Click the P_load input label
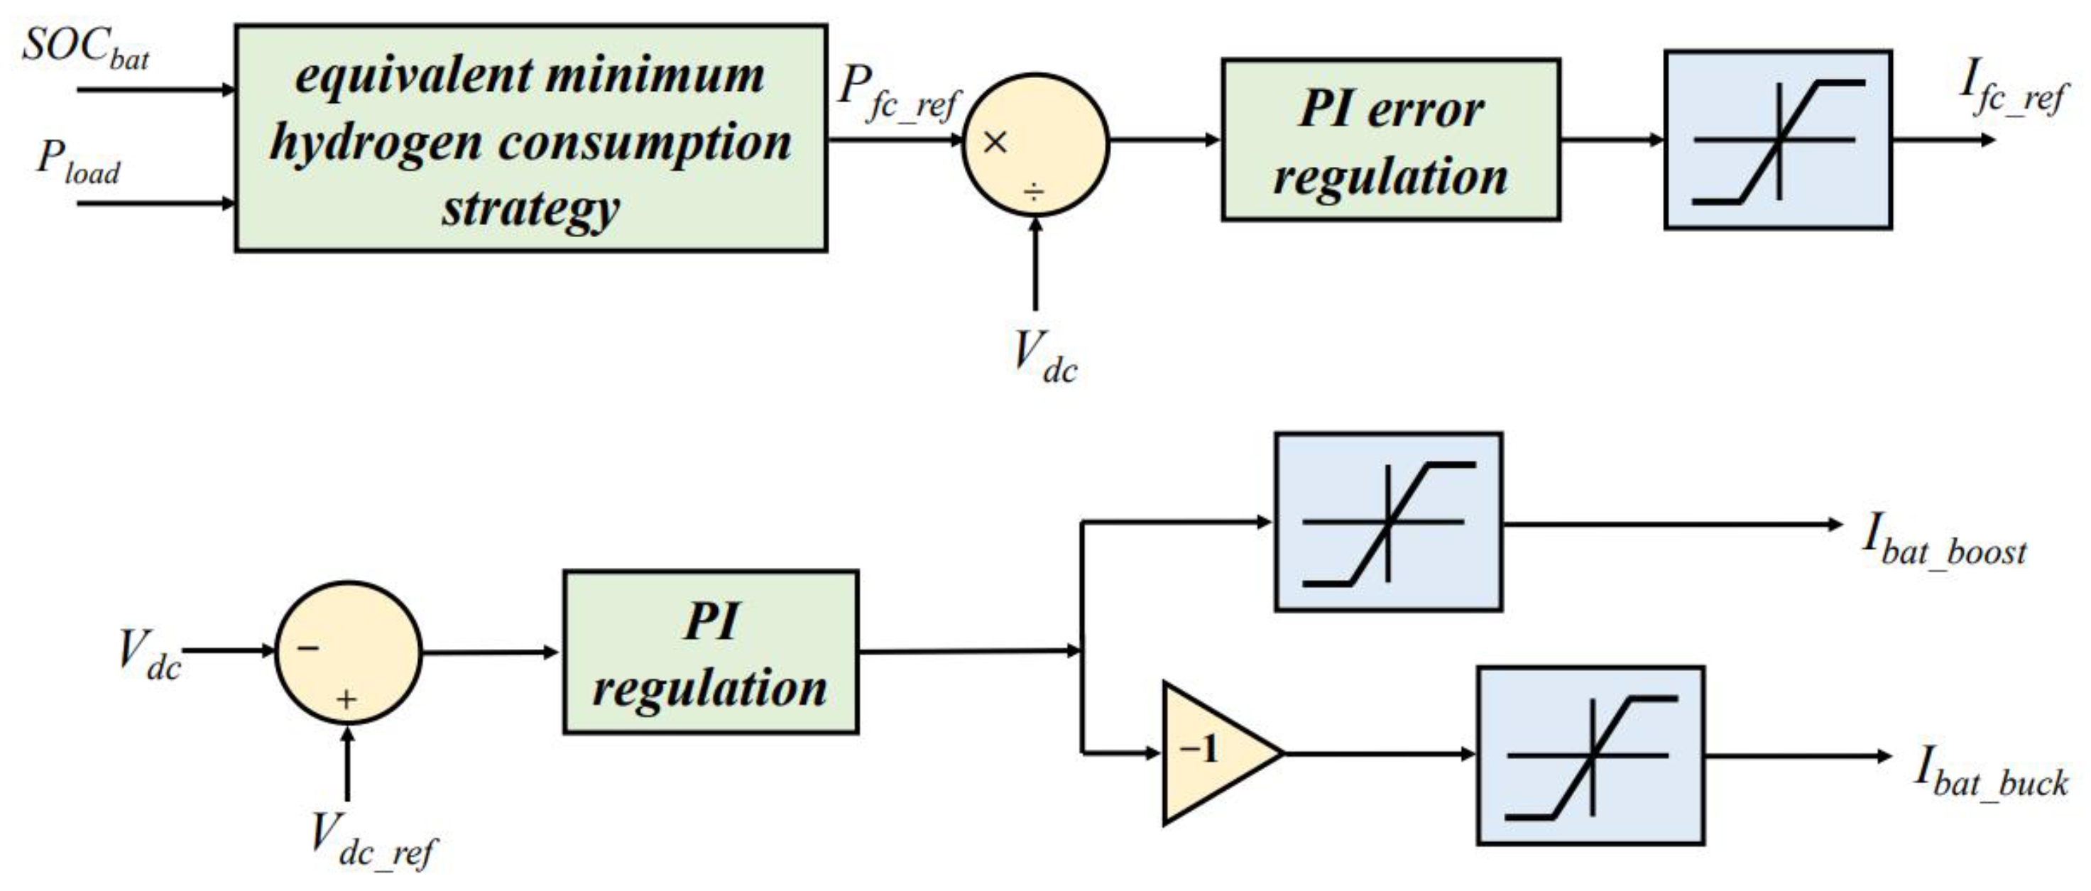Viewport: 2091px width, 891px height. [78, 160]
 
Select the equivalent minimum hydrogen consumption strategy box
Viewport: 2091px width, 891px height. [531, 138]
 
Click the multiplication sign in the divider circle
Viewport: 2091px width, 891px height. [994, 142]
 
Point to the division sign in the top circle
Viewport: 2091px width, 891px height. [1034, 192]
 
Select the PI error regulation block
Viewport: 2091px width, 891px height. [1390, 140]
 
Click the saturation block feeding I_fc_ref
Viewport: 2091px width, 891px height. [1778, 140]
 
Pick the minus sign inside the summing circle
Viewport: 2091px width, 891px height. [307, 648]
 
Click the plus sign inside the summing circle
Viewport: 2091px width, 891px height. [346, 699]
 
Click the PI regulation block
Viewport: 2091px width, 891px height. [710, 652]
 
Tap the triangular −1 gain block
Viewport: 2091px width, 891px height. [1211, 753]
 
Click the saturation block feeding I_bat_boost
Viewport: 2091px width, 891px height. [1388, 522]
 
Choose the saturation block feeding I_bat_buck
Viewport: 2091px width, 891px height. [1589, 755]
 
